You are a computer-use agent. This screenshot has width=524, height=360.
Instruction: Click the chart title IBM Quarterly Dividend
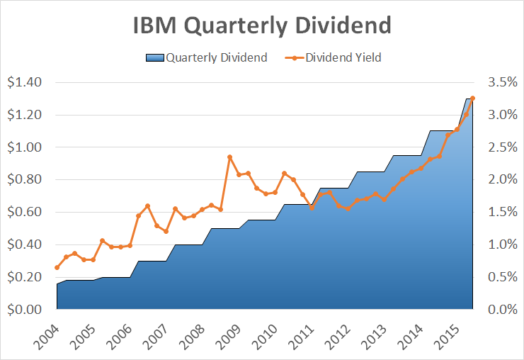coord(262,26)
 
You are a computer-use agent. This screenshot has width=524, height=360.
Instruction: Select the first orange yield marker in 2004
coord(57,267)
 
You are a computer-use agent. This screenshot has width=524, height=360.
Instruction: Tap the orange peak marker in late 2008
coord(229,157)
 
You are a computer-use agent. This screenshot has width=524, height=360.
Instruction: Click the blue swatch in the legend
coord(154,57)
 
